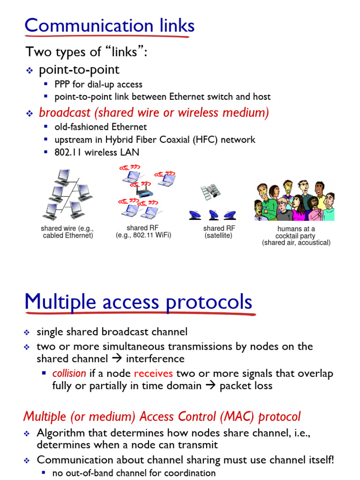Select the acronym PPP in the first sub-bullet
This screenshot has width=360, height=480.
63,84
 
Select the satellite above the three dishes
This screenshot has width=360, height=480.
210,191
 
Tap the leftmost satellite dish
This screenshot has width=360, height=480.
195,215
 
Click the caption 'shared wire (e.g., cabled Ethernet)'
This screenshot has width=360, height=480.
68,232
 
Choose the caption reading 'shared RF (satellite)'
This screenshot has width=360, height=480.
219,232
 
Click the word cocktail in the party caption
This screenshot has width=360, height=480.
295,236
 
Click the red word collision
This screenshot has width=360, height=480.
69,374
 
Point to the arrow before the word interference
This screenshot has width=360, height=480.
115,359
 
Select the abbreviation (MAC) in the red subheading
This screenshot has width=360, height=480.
238,417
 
